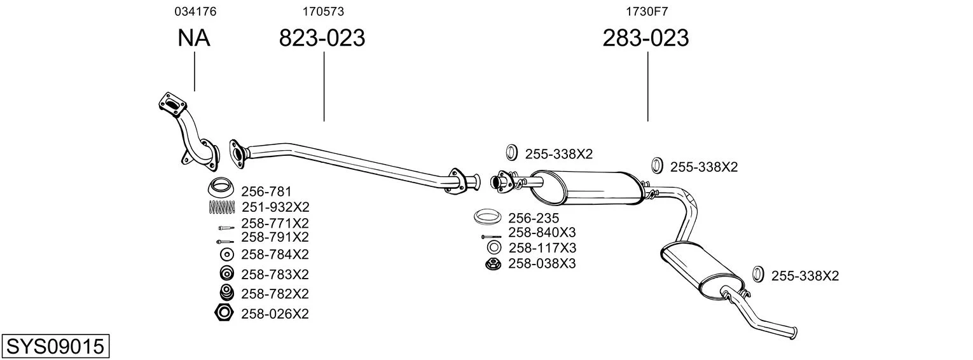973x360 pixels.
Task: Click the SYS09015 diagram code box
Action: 55,347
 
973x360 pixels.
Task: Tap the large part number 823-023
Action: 322,38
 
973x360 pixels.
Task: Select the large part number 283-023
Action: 645,38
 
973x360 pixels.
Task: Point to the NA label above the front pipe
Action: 194,38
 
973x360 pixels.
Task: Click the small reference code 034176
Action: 195,11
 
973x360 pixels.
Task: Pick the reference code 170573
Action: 323,11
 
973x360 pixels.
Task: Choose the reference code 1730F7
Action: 647,11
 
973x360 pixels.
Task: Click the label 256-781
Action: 266,191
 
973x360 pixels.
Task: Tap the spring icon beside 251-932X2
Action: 222,207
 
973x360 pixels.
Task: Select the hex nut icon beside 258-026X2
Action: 224,313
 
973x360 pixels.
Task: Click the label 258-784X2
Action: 275,254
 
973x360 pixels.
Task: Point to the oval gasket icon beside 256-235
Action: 487,217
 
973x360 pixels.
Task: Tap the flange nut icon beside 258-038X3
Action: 493,263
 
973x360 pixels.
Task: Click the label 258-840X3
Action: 542,232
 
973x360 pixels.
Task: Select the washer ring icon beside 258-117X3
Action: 494,248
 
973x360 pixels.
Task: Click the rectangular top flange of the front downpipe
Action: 172,105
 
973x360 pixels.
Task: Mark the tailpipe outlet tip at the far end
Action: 794,333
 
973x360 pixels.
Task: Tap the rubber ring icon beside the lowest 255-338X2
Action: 758,274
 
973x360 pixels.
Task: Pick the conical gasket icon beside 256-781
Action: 221,187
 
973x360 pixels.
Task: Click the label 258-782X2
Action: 275,294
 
